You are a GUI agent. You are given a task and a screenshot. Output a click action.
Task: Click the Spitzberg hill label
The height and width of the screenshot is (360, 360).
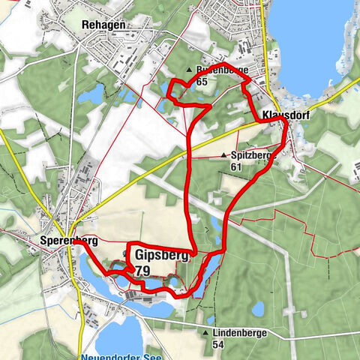tap(250, 155)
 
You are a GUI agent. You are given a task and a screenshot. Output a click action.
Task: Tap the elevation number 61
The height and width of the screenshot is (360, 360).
tap(236, 166)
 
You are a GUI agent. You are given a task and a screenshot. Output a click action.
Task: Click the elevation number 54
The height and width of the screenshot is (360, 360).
tap(218, 344)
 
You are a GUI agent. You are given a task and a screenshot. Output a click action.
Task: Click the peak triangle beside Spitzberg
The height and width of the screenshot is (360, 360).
tap(223, 156)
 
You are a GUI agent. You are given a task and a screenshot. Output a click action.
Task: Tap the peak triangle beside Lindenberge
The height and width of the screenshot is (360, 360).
tap(204, 332)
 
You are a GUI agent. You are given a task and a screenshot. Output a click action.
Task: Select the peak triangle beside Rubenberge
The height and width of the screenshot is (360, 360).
tap(189, 70)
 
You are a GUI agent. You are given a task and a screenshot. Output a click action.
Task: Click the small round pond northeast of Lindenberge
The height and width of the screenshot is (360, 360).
tap(257, 307)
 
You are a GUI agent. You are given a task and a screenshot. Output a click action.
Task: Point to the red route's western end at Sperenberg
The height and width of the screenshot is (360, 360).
tap(74, 241)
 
